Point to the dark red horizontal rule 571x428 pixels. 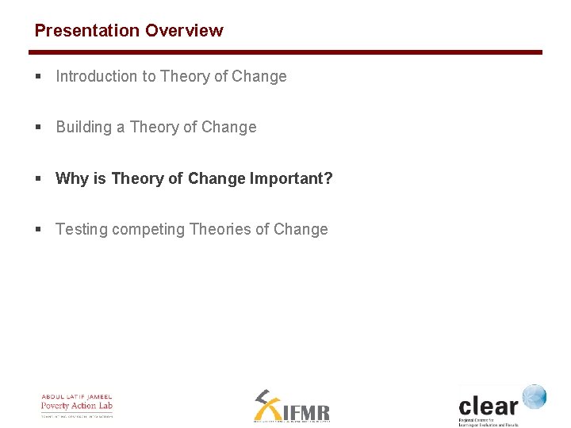285,52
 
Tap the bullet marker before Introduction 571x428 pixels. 38,77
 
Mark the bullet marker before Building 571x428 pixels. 38,128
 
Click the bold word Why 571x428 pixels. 72,179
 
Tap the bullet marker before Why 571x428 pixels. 38,179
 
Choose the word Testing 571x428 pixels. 82,230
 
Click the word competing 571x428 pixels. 148,230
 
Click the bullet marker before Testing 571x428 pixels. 38,230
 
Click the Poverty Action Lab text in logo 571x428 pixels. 77,406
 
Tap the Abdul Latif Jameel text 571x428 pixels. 77,397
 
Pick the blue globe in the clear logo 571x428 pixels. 534,397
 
